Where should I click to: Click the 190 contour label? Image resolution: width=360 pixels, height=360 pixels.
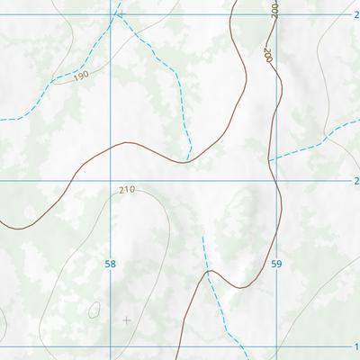[x=81, y=76]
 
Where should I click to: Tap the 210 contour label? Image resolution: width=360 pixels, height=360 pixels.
[x=126, y=190]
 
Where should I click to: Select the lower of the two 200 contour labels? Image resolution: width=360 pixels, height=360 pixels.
[x=268, y=54]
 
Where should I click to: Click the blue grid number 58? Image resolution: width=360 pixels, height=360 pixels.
[x=111, y=265]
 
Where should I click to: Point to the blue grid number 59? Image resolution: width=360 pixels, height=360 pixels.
[x=276, y=265]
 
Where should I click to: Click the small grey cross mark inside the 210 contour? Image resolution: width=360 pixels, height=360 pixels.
[x=126, y=319]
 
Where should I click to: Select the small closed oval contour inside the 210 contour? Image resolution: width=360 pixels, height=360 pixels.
[x=94, y=310]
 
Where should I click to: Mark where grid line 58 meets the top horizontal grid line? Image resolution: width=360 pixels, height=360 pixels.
[x=111, y=14]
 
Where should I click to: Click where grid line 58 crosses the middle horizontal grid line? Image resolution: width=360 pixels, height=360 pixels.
[x=111, y=180]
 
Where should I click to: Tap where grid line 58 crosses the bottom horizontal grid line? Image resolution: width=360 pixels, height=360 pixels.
[x=111, y=346]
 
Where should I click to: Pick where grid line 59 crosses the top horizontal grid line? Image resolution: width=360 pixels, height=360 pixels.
[x=276, y=14]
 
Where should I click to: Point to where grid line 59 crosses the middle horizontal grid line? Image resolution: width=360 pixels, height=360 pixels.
[x=276, y=180]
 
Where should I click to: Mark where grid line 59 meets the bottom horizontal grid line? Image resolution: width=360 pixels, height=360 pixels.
[x=276, y=346]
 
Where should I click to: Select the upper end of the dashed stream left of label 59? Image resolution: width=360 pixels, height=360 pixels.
[x=202, y=237]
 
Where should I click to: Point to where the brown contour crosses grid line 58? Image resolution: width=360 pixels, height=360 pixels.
[x=111, y=145]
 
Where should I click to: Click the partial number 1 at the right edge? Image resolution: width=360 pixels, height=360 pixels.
[x=356, y=346]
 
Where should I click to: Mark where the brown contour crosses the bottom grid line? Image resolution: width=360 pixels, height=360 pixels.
[x=181, y=346]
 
